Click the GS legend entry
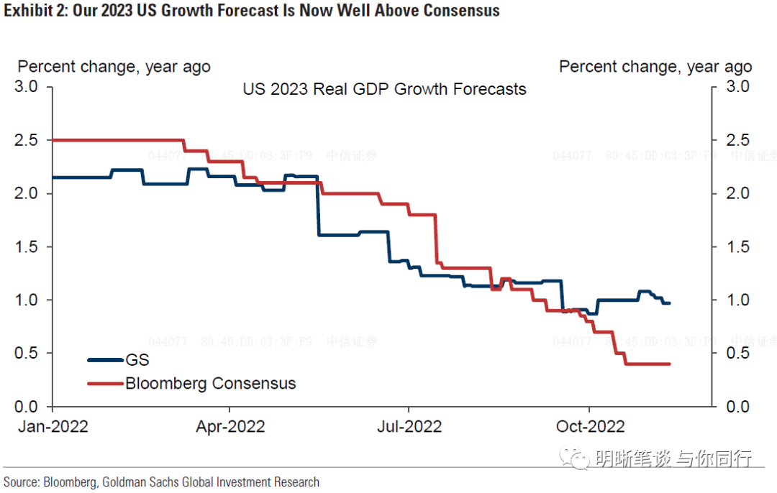(x=137, y=360)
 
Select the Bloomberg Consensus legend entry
(x=210, y=383)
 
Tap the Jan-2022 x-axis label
(x=53, y=426)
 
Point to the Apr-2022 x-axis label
(x=230, y=426)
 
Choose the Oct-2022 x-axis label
(x=590, y=426)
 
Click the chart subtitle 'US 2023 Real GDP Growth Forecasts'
(x=384, y=90)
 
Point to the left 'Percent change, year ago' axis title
(x=114, y=67)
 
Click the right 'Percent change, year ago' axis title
(x=655, y=67)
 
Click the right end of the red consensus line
(x=670, y=364)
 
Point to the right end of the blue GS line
(x=670, y=303)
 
